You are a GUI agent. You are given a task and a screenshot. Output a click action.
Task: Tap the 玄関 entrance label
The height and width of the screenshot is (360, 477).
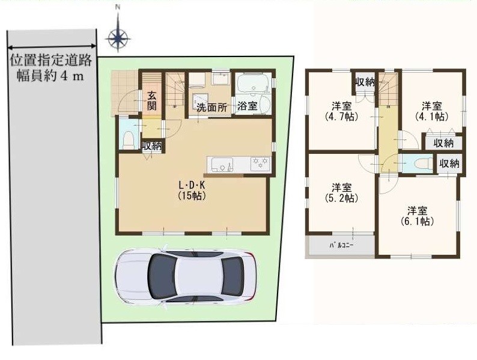click(152, 101)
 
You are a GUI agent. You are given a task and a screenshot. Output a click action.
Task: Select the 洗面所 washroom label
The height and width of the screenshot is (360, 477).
click(211, 107)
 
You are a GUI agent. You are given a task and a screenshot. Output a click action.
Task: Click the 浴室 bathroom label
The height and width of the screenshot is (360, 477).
click(248, 106)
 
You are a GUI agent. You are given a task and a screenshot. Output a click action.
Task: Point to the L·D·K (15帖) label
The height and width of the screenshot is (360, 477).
click(192, 190)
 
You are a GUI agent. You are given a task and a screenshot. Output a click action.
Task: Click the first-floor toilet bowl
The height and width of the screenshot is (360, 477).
click(129, 139)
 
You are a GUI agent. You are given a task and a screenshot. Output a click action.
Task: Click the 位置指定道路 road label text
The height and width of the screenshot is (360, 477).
click(51, 60)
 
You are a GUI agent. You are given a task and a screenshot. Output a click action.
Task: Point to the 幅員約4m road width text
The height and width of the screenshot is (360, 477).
click(50, 76)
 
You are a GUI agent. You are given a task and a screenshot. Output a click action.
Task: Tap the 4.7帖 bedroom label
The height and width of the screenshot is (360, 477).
click(342, 111)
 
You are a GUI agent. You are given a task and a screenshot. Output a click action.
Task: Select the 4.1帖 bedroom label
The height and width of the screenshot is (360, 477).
click(432, 111)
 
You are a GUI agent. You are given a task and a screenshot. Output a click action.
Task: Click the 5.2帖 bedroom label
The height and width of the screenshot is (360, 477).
click(341, 193)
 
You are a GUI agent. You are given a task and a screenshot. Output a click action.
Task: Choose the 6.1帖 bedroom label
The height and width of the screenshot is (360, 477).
click(417, 216)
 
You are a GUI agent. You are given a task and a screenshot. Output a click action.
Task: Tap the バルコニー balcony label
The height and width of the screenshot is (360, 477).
click(341, 245)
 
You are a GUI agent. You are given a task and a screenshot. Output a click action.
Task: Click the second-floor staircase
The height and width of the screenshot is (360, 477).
click(388, 88)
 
